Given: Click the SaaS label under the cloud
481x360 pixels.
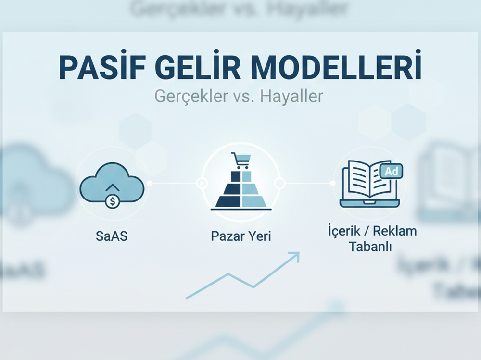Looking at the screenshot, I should (112, 236).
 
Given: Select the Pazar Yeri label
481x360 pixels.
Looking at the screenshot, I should (240, 236).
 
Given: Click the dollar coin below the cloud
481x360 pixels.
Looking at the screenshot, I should (112, 201).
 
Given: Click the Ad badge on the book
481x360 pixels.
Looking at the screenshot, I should (391, 171).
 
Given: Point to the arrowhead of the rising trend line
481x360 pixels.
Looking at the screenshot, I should (295, 256).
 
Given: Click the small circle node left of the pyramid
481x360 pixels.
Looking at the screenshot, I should (202, 183).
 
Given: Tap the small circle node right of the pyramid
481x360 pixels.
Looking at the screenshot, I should (279, 183).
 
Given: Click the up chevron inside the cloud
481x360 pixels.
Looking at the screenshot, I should (112, 187).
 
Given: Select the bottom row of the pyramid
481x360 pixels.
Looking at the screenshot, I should (240, 202).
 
